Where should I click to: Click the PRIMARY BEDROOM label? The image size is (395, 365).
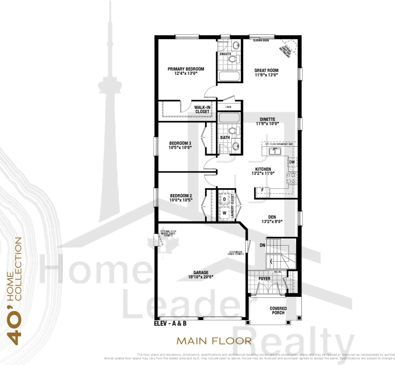[x=186, y=69]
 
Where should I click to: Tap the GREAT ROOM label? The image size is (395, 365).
[x=266, y=71]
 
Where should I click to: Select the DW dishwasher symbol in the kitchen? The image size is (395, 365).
[x=292, y=162]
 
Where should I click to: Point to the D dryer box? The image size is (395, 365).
[x=224, y=199]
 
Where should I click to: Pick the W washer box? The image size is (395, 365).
[x=224, y=212]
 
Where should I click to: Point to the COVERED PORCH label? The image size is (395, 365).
[x=278, y=310]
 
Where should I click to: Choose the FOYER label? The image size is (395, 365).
[x=264, y=279]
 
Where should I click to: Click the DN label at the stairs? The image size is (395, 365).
[x=262, y=245]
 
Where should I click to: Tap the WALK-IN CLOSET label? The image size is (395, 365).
[x=202, y=109]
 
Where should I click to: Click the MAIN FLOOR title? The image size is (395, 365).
[x=214, y=340]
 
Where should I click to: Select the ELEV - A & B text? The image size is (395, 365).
[x=171, y=324]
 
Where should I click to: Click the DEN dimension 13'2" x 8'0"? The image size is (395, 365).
[x=272, y=221]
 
